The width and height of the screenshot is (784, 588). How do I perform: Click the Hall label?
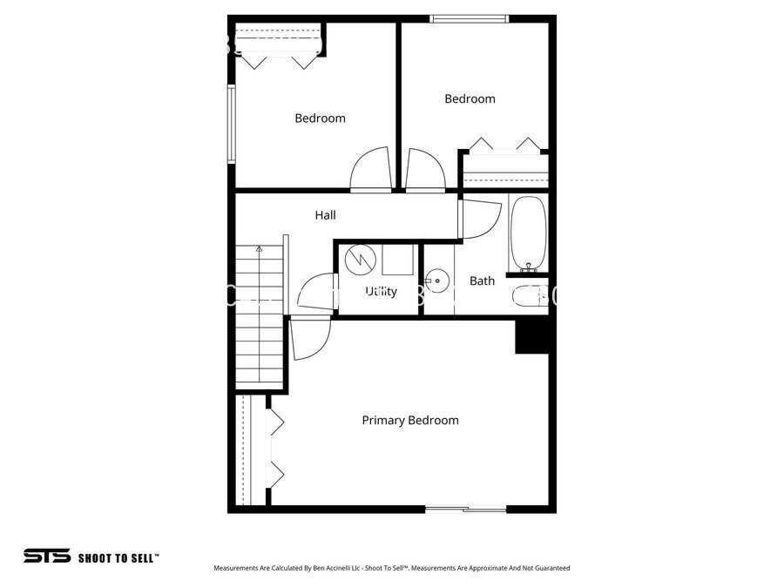325,215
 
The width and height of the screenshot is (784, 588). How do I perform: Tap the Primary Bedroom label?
409,421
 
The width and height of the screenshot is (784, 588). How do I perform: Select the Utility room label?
381,291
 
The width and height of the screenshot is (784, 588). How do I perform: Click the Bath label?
482,280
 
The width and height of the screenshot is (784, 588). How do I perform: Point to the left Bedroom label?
320,118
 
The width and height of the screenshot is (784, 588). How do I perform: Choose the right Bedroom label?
470,99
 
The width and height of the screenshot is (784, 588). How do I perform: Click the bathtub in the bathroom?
529,233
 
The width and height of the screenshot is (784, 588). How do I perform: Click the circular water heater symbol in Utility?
358,259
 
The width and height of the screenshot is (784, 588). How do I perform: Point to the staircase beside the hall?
260,318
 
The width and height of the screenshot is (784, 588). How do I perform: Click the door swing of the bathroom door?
480,219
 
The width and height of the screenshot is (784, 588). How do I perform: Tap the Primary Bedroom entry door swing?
308,340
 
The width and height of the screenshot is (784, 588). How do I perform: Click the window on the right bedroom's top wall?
470,18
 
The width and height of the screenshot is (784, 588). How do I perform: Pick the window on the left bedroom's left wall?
231,123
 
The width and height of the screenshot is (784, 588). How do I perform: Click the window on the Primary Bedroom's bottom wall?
465,509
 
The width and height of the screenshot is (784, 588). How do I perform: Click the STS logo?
46,556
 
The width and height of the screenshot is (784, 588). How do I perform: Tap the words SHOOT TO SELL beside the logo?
118,557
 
